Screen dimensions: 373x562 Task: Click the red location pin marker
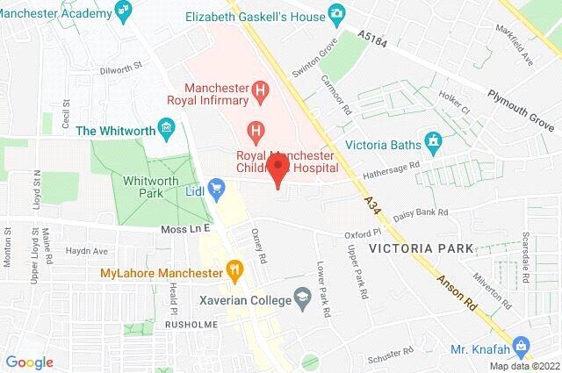point(278,170)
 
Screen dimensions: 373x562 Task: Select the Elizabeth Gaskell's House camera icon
point(335,13)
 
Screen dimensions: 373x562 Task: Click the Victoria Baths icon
point(431,140)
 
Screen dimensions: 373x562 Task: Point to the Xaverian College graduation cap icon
point(304,298)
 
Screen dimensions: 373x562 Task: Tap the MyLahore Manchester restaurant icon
point(234,271)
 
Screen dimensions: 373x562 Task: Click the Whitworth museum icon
point(165,130)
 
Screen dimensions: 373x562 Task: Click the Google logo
point(29,362)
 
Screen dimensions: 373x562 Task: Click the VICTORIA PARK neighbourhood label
point(421,249)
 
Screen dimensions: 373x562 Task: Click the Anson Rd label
point(460,298)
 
